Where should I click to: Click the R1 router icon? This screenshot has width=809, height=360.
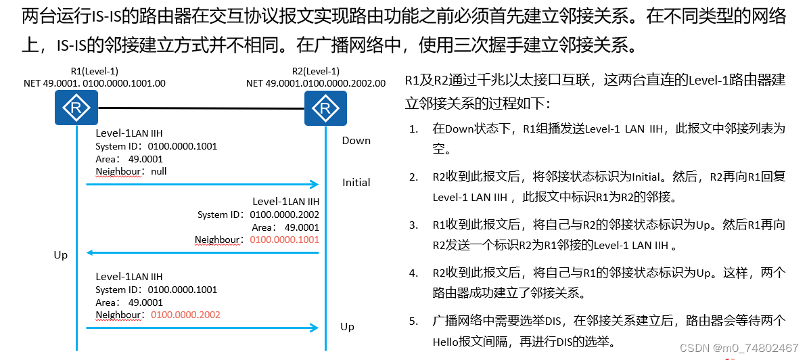click(76, 108)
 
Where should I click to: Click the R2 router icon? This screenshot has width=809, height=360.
click(325, 108)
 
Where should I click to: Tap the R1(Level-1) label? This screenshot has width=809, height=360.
click(95, 71)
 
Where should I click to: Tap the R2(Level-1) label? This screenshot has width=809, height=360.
click(315, 71)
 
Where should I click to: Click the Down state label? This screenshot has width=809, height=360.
click(356, 141)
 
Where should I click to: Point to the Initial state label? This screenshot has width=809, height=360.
click(356, 182)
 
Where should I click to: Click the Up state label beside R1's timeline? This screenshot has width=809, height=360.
click(61, 255)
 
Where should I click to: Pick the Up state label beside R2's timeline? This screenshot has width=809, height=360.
click(347, 327)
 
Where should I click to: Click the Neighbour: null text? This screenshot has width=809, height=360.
click(131, 171)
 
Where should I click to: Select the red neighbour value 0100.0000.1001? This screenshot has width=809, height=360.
click(284, 240)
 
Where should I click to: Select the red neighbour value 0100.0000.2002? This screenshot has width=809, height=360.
click(186, 315)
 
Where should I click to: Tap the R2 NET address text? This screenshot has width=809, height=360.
click(316, 83)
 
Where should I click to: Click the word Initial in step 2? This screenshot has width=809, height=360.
click(646, 177)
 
